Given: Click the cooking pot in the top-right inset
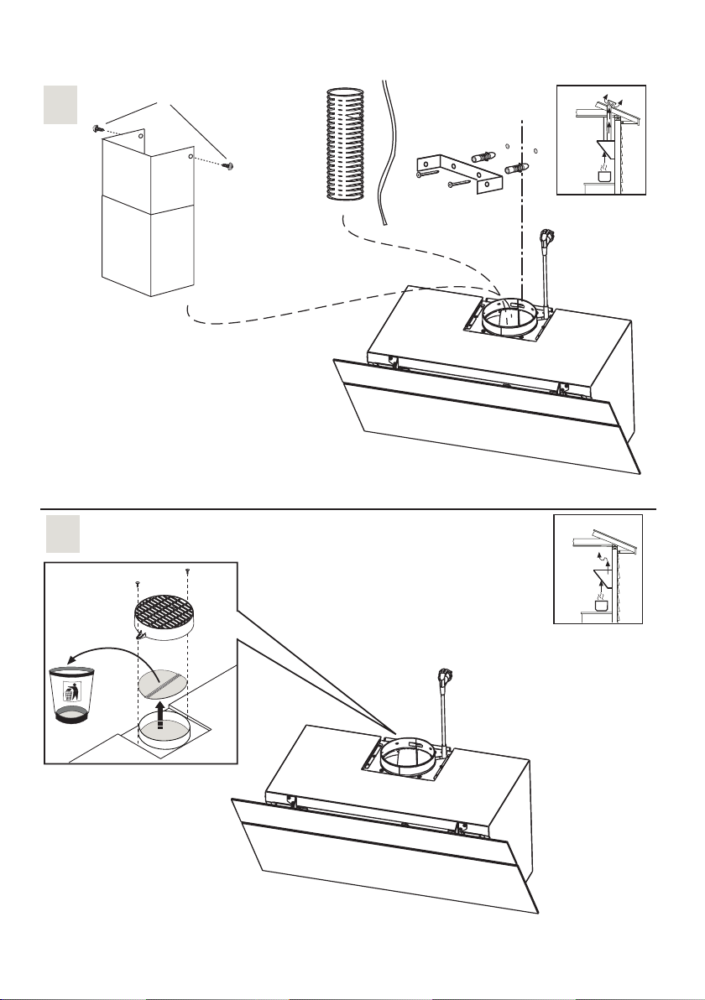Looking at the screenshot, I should pos(603,174).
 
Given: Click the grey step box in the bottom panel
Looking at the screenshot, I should pos(61,534).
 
